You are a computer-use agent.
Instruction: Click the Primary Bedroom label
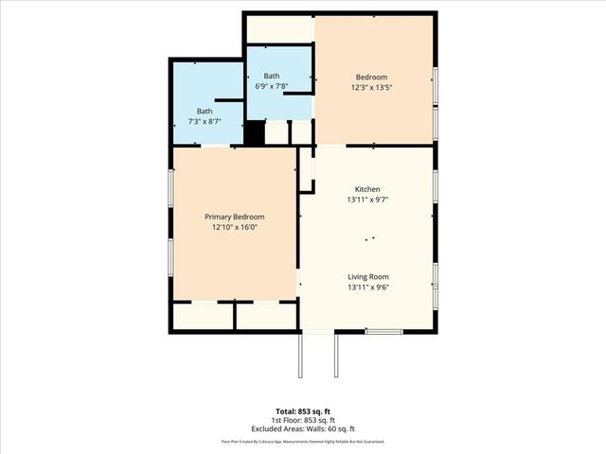[x=234, y=217]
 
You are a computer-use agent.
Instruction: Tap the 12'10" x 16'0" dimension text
[x=234, y=227]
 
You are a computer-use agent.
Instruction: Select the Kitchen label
[x=367, y=188]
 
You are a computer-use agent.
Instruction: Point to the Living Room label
[x=367, y=276]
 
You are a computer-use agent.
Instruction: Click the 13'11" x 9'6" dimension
[x=367, y=287]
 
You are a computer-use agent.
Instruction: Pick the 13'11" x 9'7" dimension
[x=367, y=199]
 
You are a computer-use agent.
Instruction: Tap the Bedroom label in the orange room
[x=371, y=77]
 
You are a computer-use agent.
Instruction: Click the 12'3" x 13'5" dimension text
[x=371, y=87]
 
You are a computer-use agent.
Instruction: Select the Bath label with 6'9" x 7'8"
[x=272, y=76]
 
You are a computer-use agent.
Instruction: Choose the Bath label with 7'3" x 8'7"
[x=205, y=111]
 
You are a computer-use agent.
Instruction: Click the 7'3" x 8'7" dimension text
[x=205, y=121]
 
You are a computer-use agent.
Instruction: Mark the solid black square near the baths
[x=254, y=133]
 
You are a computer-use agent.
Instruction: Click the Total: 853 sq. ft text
[x=302, y=411]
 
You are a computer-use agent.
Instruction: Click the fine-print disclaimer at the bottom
[x=302, y=441]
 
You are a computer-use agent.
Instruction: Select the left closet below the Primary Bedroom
[x=203, y=316]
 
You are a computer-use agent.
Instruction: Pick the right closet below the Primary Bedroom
[x=266, y=316]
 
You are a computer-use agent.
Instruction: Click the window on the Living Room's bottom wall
[x=383, y=331]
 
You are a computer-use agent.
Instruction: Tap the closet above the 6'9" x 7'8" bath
[x=279, y=29]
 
